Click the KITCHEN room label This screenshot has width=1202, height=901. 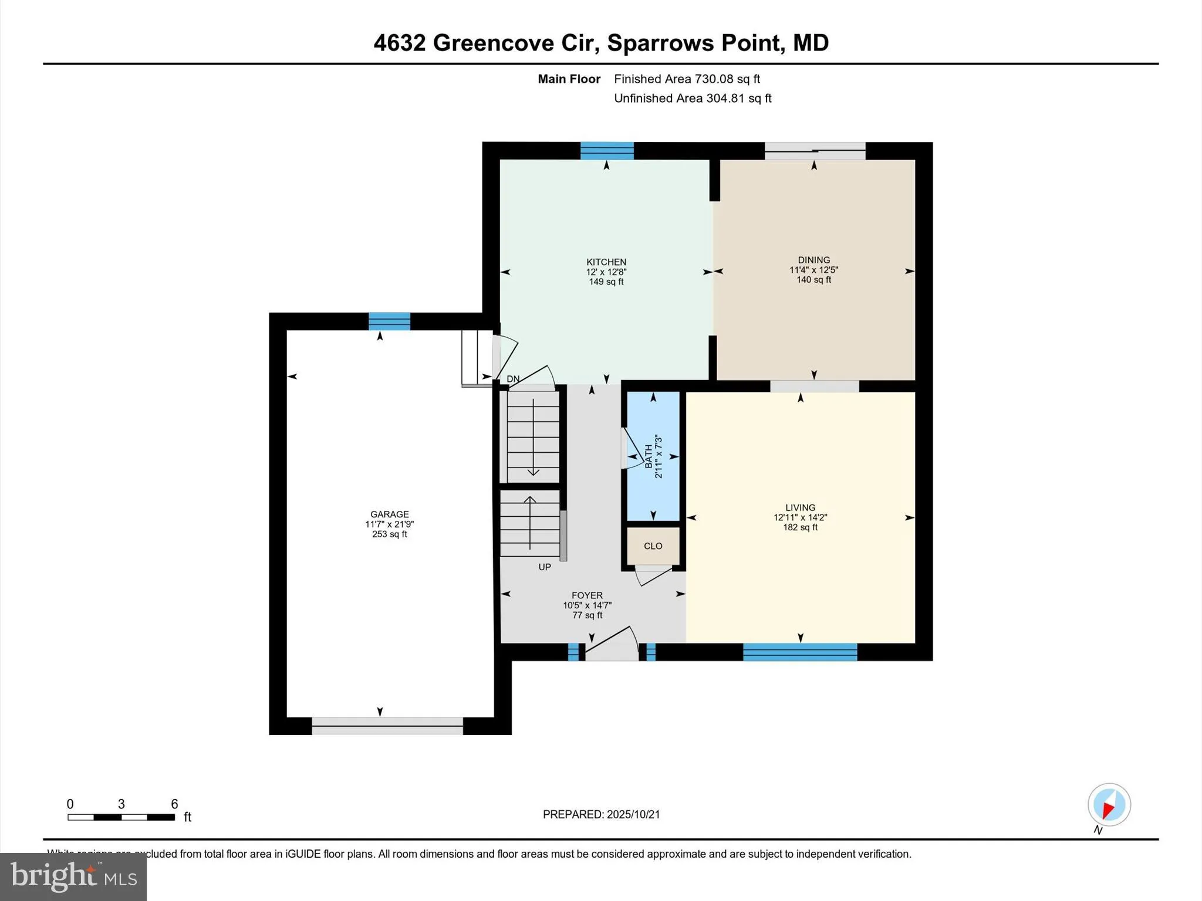point(606,262)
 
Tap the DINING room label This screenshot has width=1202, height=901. point(813,260)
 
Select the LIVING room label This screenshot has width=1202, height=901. point(800,507)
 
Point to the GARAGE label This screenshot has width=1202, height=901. point(389,514)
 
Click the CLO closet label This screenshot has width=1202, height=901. point(653,546)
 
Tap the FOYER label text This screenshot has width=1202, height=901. point(587,595)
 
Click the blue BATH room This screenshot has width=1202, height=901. point(653,456)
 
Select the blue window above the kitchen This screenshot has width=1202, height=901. point(607,151)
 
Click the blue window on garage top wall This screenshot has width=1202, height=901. point(389,321)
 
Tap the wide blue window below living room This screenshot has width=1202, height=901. point(799,652)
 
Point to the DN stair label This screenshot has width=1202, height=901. point(513,379)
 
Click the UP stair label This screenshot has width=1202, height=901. point(545,567)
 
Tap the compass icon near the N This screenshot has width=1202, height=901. point(1109,805)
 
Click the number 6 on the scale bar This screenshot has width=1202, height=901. point(174,804)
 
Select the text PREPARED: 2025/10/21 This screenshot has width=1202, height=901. point(601,814)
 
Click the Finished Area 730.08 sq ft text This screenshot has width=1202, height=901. point(687,79)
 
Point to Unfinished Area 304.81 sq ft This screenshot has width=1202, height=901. point(693,98)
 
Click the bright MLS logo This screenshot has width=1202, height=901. point(73,877)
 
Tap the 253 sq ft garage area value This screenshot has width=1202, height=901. point(389,534)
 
